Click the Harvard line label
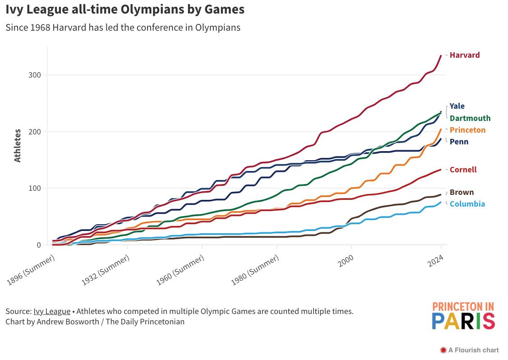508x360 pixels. tap(464, 55)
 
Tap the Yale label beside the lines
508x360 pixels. tap(457, 106)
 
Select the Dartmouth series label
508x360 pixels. tap(470, 118)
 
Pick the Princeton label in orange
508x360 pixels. tap(467, 130)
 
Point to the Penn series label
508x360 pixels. tap(459, 142)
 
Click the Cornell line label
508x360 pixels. tap(463, 170)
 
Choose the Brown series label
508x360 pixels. tap(462, 192)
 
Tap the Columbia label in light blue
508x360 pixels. tap(467, 204)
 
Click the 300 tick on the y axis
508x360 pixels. tap(35, 75)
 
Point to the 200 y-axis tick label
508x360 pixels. tap(35, 132)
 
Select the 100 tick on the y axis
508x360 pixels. tap(35, 188)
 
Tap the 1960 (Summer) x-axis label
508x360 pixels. tap(181, 270)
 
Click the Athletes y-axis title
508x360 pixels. tap(18, 145)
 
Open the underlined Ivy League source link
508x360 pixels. tap(51, 311)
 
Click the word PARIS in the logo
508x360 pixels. tap(463, 321)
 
